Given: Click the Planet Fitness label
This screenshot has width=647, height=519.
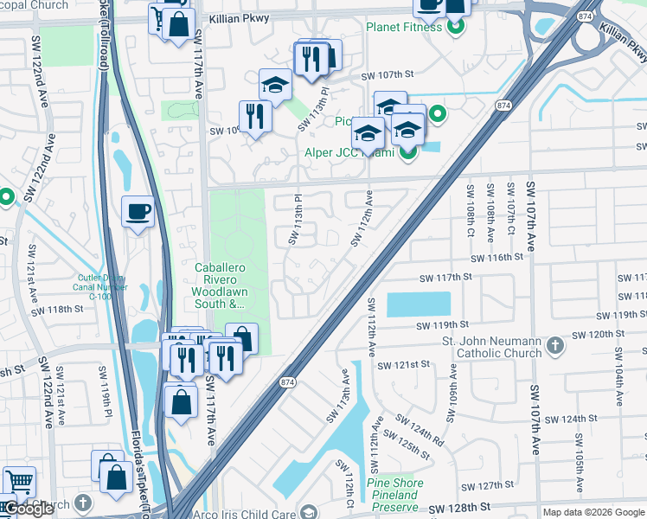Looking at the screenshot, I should (404, 27).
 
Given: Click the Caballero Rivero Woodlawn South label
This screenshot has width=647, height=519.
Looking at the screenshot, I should (219, 285).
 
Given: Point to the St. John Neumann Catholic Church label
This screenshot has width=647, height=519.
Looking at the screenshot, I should (491, 347).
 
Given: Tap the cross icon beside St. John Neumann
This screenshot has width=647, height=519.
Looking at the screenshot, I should (555, 347).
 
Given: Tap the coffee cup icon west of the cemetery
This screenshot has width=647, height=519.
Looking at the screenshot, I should (138, 211).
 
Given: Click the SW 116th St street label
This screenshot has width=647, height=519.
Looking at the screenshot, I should (496, 258).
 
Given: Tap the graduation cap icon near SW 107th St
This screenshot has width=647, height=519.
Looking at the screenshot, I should (275, 85).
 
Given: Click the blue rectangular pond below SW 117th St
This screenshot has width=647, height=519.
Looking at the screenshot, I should (419, 304).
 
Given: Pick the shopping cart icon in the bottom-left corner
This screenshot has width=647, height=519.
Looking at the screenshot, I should (19, 482).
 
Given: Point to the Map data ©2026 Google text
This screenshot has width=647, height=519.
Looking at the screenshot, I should (593, 512).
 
